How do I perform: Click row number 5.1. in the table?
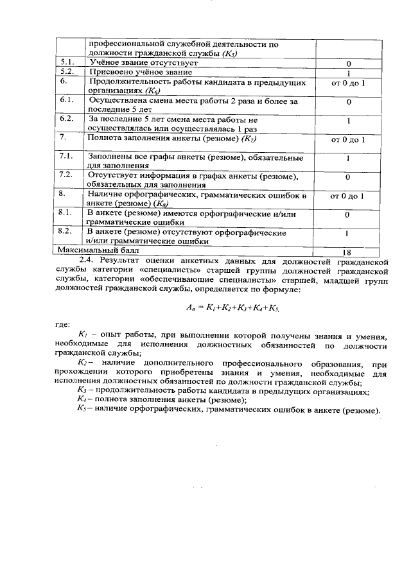pyautogui.click(x=67, y=63)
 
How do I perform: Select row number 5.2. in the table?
pyautogui.click(x=67, y=72)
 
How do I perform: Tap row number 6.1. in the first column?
pyautogui.click(x=67, y=101)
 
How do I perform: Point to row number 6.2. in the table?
pyautogui.click(x=67, y=119)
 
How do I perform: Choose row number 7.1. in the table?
pyautogui.click(x=67, y=157)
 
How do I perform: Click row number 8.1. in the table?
pyautogui.click(x=67, y=212)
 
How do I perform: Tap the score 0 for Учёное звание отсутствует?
pyautogui.click(x=348, y=64)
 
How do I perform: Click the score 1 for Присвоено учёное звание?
pyautogui.click(x=348, y=73)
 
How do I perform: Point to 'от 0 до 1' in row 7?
pyautogui.click(x=347, y=139)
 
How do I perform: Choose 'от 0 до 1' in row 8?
pyautogui.click(x=347, y=195)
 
